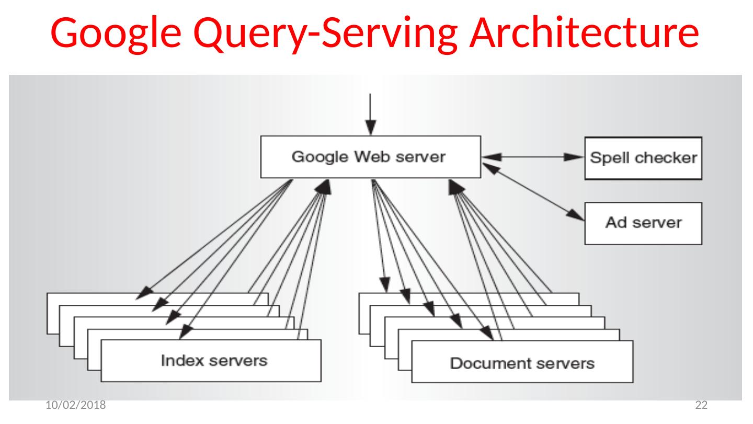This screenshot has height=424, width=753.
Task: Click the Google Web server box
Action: [369, 157]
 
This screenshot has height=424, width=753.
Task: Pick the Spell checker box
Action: [643, 157]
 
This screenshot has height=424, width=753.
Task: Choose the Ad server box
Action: [643, 224]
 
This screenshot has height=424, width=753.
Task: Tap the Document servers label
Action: [522, 363]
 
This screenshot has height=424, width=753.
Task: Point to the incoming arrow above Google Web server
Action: [370, 114]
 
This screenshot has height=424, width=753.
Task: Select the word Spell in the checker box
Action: [609, 157]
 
